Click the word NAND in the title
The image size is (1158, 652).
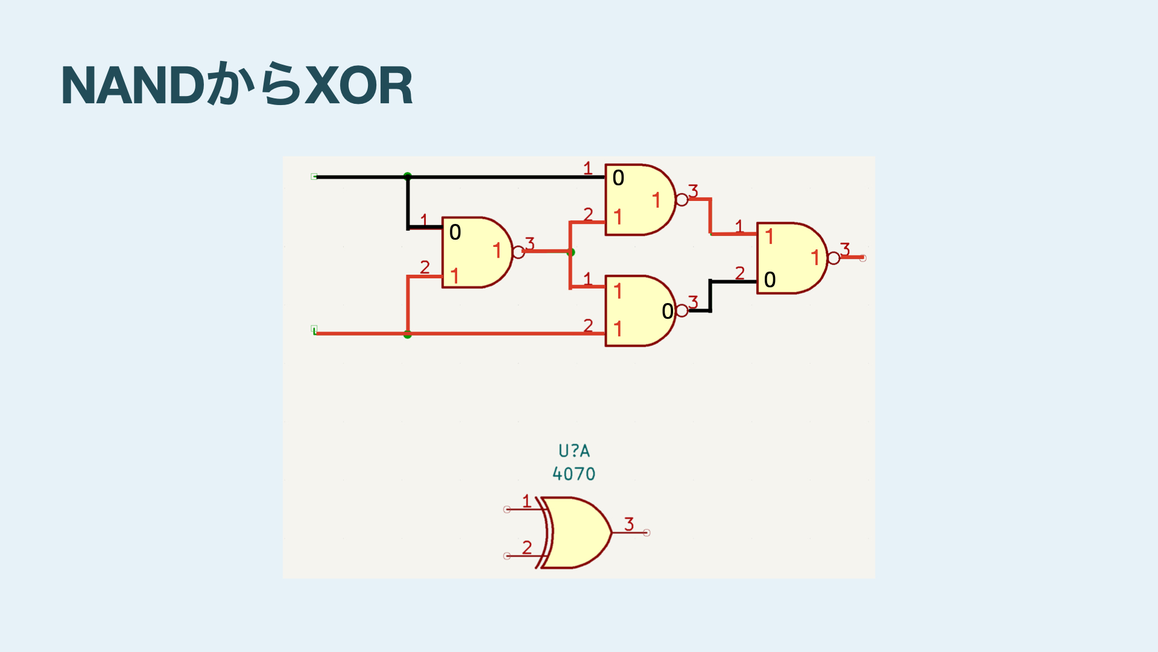tap(133, 86)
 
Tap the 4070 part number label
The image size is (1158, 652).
tap(574, 474)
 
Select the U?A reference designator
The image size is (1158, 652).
tap(574, 451)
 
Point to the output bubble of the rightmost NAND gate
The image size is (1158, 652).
tap(834, 258)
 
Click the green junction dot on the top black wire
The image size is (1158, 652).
tap(408, 176)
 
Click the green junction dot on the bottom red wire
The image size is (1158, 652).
tap(408, 334)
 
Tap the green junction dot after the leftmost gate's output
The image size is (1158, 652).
tap(571, 252)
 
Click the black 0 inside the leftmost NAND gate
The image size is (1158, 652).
tap(455, 232)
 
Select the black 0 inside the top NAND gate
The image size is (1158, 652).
tap(618, 178)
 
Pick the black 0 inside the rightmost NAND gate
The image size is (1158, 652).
tap(770, 280)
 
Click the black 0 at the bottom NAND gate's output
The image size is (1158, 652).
tap(667, 312)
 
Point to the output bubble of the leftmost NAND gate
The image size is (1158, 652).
tap(518, 252)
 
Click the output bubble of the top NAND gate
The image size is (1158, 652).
tap(682, 200)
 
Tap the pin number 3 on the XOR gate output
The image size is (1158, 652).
tap(629, 524)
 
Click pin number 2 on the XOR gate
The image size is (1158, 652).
tap(527, 548)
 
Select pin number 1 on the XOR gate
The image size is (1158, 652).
tap(527, 501)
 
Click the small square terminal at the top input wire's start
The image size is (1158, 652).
tap(314, 176)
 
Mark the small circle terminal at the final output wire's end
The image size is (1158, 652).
tap(863, 258)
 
